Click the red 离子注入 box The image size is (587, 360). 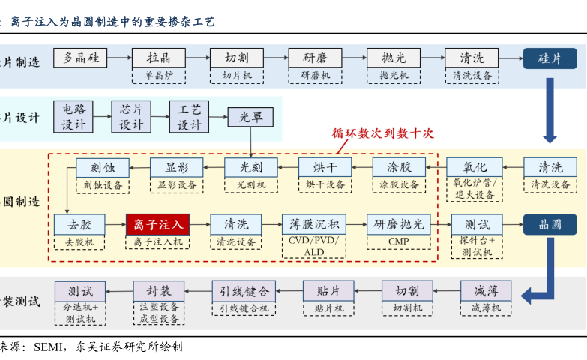click(x=157, y=224)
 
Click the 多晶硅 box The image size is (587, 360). click(x=86, y=58)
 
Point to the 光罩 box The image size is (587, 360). click(x=250, y=117)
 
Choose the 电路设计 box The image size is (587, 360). click(x=73, y=117)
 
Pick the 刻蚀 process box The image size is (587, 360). click(x=103, y=167)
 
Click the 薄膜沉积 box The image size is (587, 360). click(x=315, y=224)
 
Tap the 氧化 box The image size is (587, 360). click(x=475, y=167)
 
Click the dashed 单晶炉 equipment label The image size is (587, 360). click(x=159, y=75)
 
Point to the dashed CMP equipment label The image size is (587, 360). click(x=399, y=241)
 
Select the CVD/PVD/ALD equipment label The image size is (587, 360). click(x=315, y=247)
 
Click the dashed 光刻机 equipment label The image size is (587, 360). click(x=251, y=184)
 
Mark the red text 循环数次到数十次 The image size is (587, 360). click(x=383, y=134)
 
